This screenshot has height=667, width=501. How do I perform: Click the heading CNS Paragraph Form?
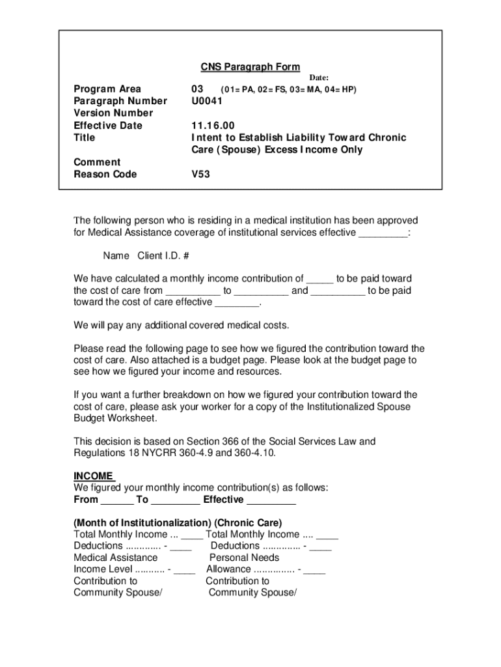click(x=250, y=67)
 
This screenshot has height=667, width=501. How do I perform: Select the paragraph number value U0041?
click(x=207, y=101)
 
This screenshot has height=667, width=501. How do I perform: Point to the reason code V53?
click(x=200, y=174)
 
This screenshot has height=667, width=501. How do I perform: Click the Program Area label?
click(x=107, y=89)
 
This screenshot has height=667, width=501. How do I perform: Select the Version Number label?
click(x=113, y=113)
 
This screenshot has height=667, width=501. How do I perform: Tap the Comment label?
click(x=97, y=162)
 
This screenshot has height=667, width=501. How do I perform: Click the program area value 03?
click(x=197, y=89)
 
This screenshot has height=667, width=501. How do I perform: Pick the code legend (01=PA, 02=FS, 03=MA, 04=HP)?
click(x=289, y=89)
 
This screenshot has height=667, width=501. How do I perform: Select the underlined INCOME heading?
click(x=94, y=476)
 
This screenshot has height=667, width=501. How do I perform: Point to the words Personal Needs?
click(x=244, y=558)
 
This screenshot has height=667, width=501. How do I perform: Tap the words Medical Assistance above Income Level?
click(x=116, y=558)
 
